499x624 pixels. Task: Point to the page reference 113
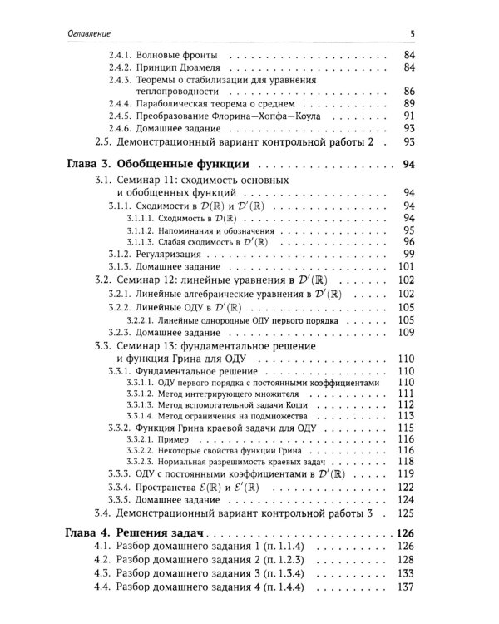pyautogui.click(x=407, y=415)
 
